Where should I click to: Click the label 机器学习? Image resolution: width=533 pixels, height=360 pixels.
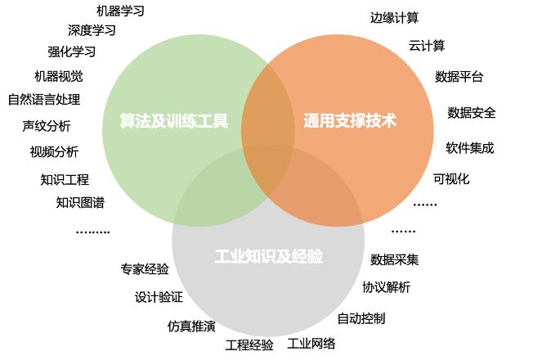(x=121, y=11)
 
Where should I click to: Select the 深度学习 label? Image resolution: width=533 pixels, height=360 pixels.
(x=92, y=30)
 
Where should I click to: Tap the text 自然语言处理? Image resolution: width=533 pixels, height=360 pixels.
(x=44, y=99)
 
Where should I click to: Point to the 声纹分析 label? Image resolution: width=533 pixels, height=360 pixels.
(x=47, y=126)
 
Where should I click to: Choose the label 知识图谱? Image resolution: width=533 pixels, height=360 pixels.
(x=80, y=202)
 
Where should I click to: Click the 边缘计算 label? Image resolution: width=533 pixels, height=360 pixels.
(x=394, y=18)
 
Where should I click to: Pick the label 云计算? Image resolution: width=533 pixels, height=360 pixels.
(x=427, y=45)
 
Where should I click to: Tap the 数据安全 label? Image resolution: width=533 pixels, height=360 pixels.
(x=472, y=113)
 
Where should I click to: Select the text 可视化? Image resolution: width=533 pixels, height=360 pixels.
(x=451, y=178)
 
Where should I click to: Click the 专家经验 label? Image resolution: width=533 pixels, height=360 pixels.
(x=145, y=269)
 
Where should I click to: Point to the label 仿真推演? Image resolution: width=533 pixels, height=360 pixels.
(x=191, y=326)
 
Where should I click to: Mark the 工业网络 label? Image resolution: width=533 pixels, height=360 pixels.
(x=311, y=344)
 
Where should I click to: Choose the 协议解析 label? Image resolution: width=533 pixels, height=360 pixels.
(x=386, y=287)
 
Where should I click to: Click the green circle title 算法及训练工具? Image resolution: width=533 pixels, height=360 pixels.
(x=173, y=120)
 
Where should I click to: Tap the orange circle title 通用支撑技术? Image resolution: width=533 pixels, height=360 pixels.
(x=350, y=120)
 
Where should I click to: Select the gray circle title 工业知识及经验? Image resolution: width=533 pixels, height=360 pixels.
(x=268, y=256)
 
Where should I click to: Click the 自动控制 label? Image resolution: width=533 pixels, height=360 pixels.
(x=361, y=318)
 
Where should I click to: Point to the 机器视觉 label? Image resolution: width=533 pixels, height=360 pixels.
(x=59, y=76)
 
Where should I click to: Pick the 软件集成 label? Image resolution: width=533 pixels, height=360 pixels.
(x=470, y=148)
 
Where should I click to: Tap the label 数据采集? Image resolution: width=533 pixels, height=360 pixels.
(x=394, y=259)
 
